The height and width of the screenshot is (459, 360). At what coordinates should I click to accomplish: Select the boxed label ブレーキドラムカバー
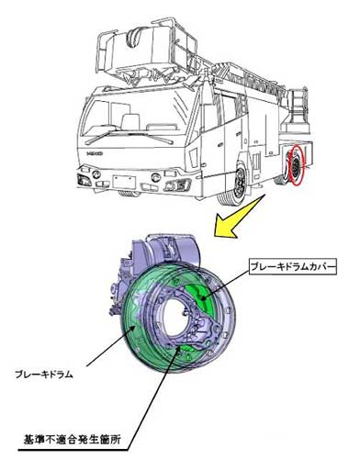(x=292, y=267)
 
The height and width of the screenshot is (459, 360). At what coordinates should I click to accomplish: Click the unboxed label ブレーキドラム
(x=44, y=375)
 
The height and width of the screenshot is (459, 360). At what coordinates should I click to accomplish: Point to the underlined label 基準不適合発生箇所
(x=73, y=440)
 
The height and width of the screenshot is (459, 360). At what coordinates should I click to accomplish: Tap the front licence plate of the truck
(x=124, y=182)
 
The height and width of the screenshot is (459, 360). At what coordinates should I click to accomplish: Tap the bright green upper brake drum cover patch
(x=197, y=295)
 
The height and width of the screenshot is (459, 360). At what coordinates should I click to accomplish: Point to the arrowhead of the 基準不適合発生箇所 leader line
(x=178, y=349)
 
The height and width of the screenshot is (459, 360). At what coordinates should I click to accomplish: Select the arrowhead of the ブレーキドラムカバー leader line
(x=202, y=297)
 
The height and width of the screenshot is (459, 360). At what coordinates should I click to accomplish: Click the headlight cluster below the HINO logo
(x=84, y=180)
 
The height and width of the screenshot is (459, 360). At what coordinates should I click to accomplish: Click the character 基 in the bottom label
(x=28, y=440)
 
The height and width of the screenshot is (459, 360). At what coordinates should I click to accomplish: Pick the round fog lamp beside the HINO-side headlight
(x=96, y=174)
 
